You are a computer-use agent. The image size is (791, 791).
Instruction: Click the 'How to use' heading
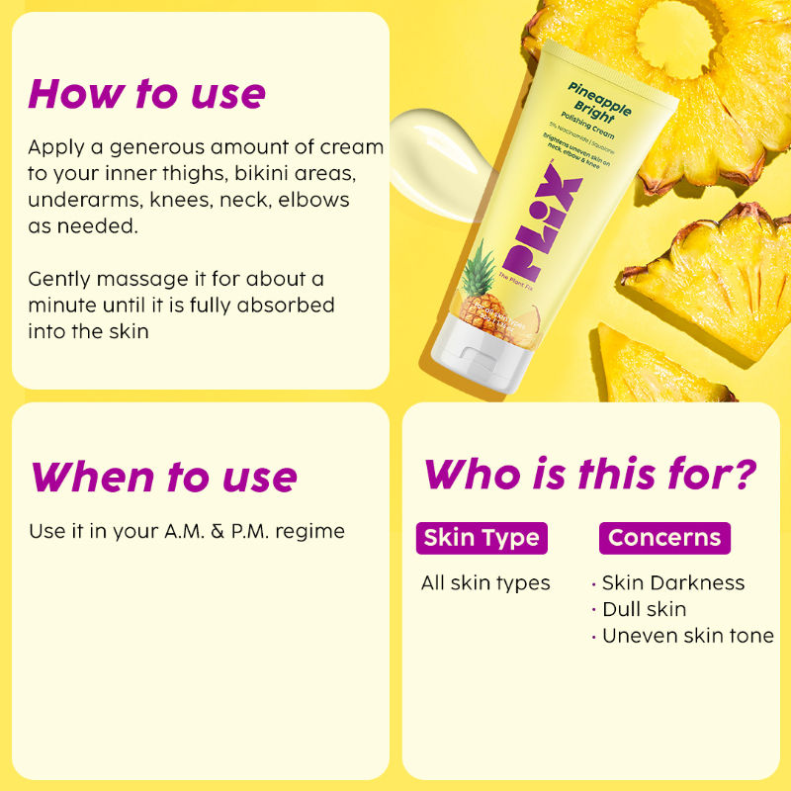point(147,93)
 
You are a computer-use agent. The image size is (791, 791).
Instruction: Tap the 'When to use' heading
point(163,477)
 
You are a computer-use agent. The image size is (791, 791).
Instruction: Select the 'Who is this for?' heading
point(591,474)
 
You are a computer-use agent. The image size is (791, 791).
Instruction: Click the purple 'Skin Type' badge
point(482,538)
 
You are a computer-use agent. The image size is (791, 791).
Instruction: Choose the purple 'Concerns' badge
point(664,538)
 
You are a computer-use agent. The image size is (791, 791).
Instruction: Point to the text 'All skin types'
point(485,583)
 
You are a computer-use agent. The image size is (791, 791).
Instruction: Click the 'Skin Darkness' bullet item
point(673,583)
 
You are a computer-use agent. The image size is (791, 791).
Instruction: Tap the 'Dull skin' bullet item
point(644,609)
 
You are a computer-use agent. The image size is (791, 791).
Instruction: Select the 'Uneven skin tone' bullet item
point(688,636)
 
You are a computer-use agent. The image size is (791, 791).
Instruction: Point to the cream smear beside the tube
point(435,149)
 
